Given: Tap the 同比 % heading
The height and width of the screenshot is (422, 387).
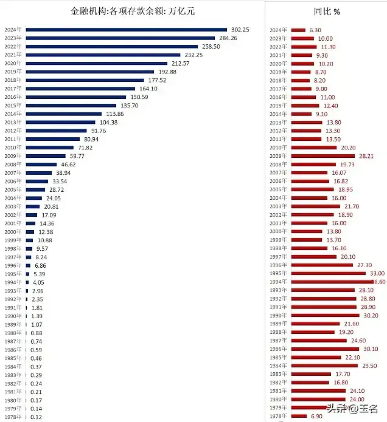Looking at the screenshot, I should click(327, 12).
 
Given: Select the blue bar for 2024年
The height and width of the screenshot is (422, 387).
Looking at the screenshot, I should click(127, 29).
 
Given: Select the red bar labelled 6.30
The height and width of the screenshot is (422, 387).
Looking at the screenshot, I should click(298, 30).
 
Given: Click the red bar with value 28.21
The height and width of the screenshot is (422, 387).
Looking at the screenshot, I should click(323, 155).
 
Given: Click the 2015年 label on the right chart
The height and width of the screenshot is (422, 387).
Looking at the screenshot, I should click(277, 105).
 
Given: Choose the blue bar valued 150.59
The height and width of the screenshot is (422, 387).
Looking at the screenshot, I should click(75, 97).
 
